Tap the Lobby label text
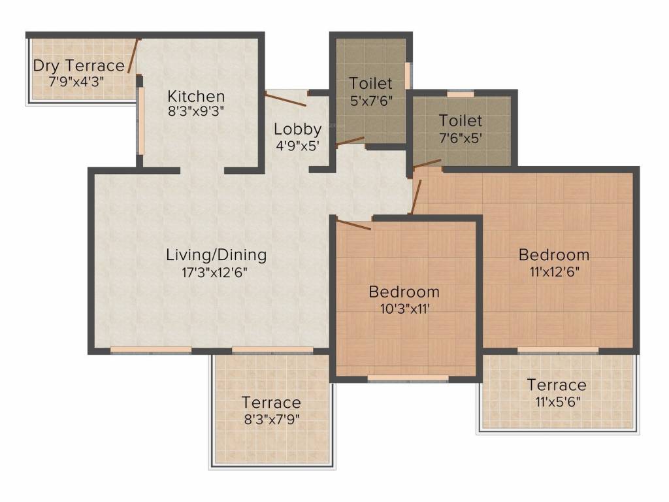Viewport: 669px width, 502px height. pyautogui.click(x=297, y=129)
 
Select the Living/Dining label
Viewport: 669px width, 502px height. pyautogui.click(x=216, y=255)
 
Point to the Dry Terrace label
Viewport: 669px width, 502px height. pyautogui.click(x=78, y=66)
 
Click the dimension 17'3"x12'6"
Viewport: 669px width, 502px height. pyautogui.click(x=216, y=272)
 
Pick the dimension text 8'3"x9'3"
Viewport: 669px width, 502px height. pyautogui.click(x=195, y=111)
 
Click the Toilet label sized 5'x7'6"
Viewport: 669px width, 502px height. pyautogui.click(x=370, y=84)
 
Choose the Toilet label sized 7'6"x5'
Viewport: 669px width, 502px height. pyautogui.click(x=460, y=121)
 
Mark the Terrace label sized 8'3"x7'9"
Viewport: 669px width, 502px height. pyautogui.click(x=271, y=403)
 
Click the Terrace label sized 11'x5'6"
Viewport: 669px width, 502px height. pyautogui.click(x=557, y=385)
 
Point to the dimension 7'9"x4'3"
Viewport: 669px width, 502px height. pyautogui.click(x=76, y=81)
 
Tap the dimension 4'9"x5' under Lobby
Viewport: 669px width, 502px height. pyautogui.click(x=297, y=145)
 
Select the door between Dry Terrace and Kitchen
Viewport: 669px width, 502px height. pyautogui.click(x=133, y=56)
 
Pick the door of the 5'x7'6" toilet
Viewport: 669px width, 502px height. pyautogui.click(x=350, y=142)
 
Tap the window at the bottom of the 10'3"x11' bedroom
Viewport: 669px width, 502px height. pyautogui.click(x=408, y=378)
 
